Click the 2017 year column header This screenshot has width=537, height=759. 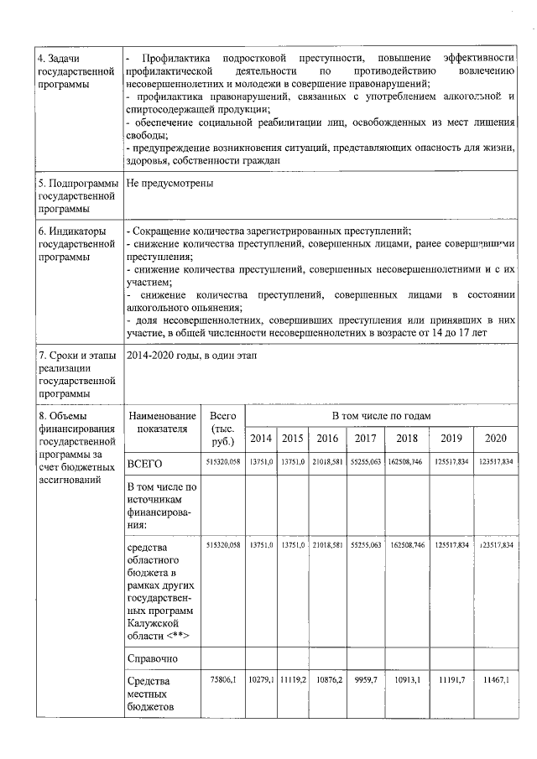pos(365,438)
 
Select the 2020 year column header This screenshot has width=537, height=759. pos(495,438)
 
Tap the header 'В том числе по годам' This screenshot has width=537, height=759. pos(380,416)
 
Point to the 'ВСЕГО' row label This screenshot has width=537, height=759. pos(144,463)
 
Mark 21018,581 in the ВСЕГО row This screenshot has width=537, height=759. pos(327,462)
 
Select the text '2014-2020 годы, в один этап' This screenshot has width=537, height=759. pos(191,356)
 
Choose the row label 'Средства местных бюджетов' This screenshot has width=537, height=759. pos(150,694)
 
